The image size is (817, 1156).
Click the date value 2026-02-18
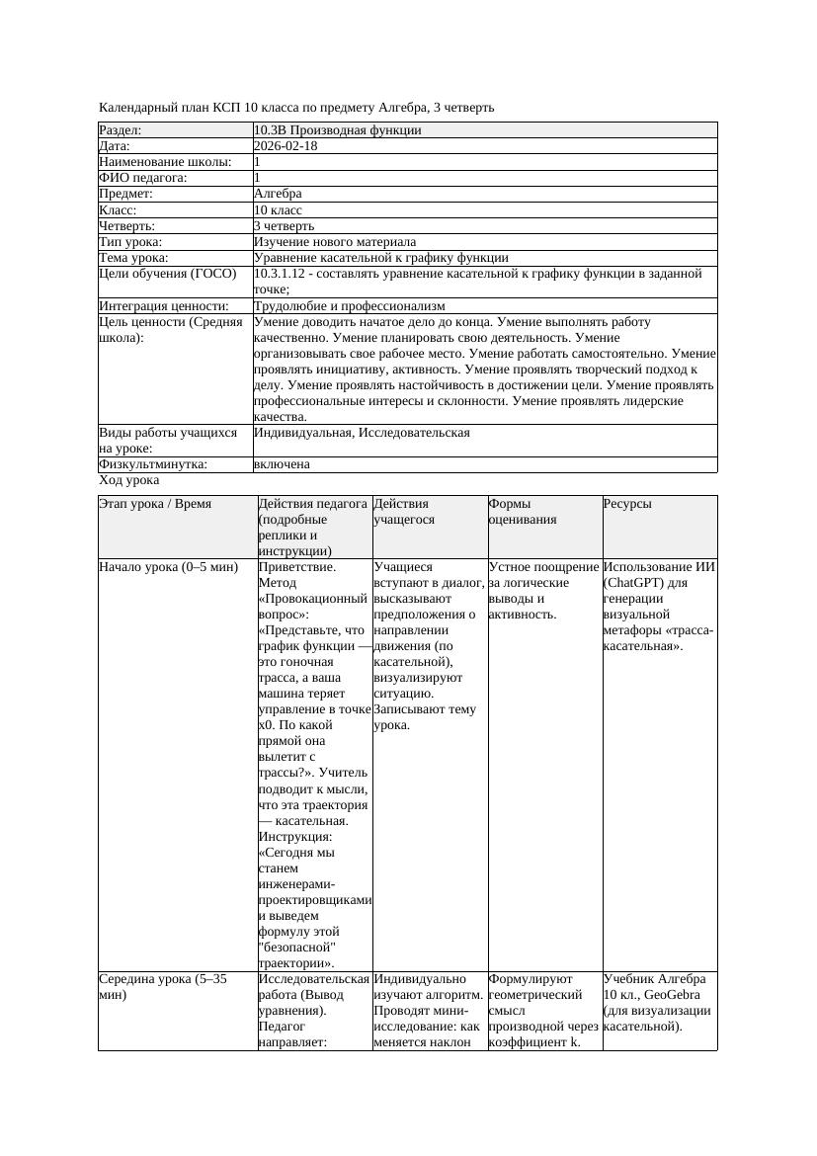click(286, 146)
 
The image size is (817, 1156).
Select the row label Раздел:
click(121, 130)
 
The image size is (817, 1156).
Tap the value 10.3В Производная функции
click(337, 130)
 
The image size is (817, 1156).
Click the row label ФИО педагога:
click(143, 178)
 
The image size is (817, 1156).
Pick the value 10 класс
click(278, 210)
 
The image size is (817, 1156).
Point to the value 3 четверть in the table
click(284, 226)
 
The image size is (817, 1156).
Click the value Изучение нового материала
click(335, 242)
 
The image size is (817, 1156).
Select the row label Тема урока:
click(133, 258)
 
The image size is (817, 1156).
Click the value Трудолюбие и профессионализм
click(349, 306)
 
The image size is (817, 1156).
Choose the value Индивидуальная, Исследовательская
click(362, 433)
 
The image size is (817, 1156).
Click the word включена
click(282, 464)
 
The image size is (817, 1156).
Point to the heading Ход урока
click(129, 480)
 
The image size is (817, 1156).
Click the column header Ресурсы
click(627, 504)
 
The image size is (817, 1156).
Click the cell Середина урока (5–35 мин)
click(163, 987)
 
